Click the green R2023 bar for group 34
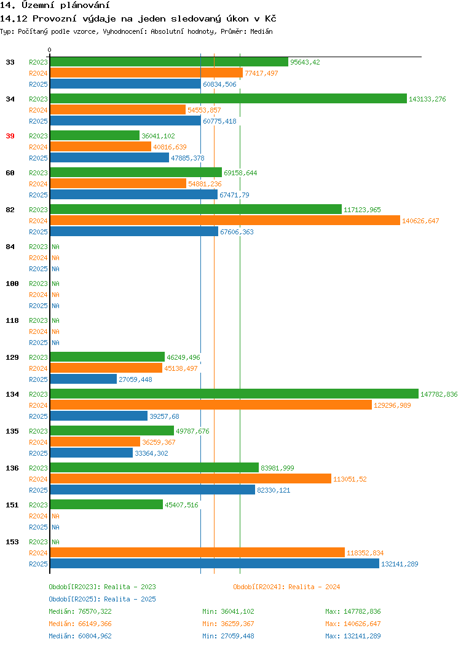229,98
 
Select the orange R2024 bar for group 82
225,220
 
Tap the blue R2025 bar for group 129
84,379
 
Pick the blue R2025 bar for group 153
215,563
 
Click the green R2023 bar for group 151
106,505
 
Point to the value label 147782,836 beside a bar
439,394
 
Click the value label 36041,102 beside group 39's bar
158,136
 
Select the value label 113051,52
350,479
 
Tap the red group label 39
10,136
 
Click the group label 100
12,284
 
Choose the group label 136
12,468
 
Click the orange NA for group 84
56,258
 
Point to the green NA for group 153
56,542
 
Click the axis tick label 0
50,50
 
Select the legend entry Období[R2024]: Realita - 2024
286,587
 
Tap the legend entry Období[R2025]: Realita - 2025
102,599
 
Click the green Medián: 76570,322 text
80,611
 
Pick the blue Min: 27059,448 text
228,636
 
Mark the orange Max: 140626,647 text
353,624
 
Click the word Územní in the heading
38,6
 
